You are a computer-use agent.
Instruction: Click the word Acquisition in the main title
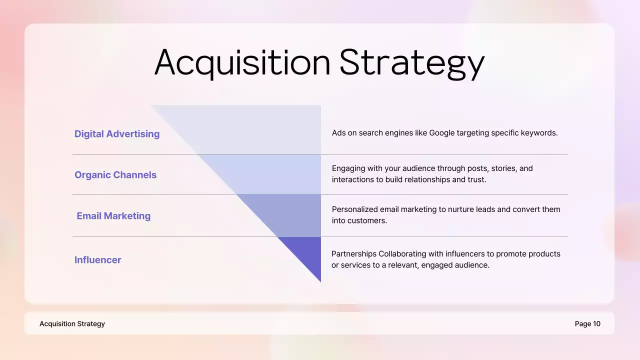pyautogui.click(x=242, y=62)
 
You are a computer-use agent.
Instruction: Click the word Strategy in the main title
pyautogui.click(x=412, y=63)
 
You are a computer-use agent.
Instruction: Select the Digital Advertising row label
pyautogui.click(x=117, y=134)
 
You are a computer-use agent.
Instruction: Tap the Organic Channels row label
pyautogui.click(x=115, y=175)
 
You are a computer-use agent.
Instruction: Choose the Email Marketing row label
pyautogui.click(x=113, y=216)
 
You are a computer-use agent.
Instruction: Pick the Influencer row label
pyautogui.click(x=98, y=260)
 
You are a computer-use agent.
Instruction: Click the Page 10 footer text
pyautogui.click(x=587, y=324)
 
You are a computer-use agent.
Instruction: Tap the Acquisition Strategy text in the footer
pyautogui.click(x=72, y=324)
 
